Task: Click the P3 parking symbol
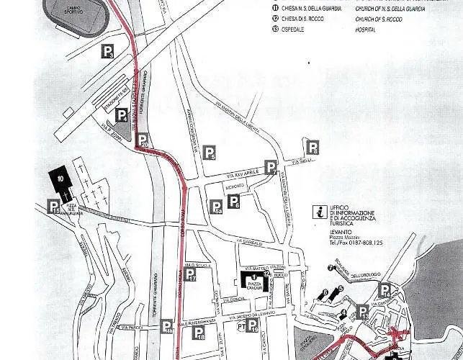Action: (x=107, y=51)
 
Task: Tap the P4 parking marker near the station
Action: (x=122, y=115)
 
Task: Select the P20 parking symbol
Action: (x=143, y=141)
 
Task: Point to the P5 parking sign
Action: (x=210, y=152)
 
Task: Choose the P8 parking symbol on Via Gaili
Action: (x=313, y=148)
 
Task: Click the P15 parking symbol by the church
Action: (x=54, y=207)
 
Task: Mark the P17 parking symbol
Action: (x=190, y=274)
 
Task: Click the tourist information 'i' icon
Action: (x=318, y=211)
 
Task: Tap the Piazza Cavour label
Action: (x=254, y=285)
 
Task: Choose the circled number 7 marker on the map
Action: (x=330, y=268)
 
